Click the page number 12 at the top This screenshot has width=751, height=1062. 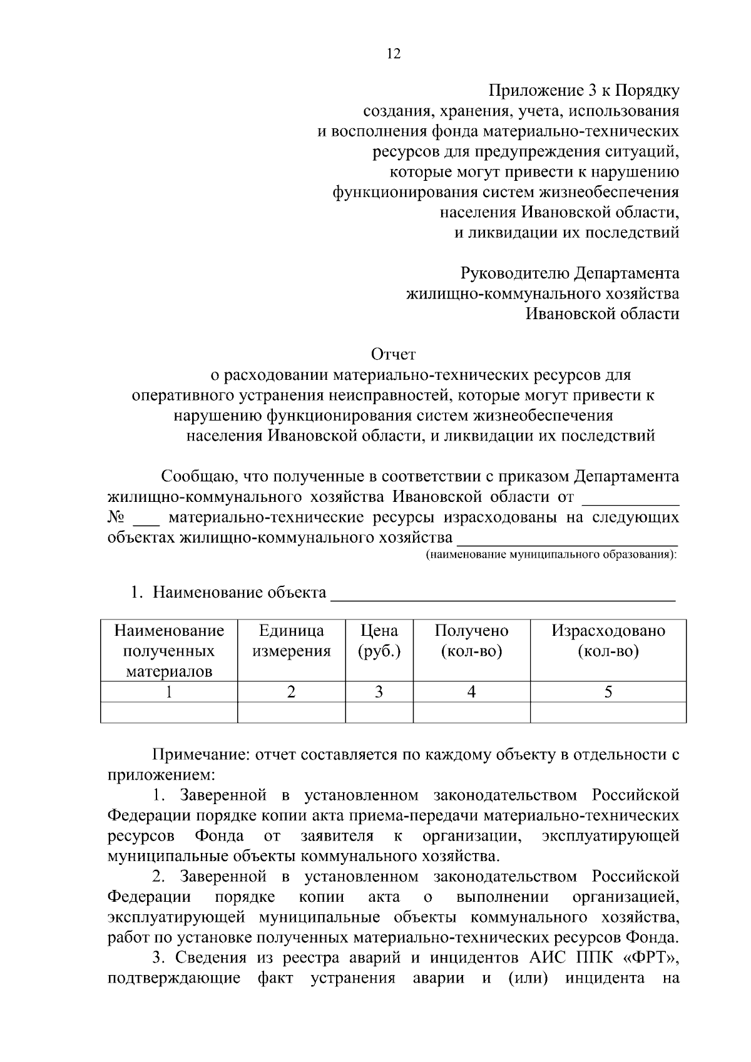click(393, 54)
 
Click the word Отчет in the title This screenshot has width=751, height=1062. click(393, 355)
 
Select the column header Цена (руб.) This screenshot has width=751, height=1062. click(379, 641)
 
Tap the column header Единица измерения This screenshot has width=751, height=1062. click(291, 641)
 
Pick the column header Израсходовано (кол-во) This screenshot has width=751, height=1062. click(608, 641)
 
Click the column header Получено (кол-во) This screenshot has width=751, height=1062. click(471, 641)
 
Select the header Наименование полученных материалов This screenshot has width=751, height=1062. click(168, 651)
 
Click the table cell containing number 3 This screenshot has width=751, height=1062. click(379, 692)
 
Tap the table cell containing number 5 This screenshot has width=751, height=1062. click(608, 692)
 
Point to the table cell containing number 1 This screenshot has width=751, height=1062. click(168, 692)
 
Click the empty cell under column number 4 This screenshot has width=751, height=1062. click(471, 712)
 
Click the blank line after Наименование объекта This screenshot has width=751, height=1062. click(503, 595)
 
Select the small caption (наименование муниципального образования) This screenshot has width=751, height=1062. click(551, 555)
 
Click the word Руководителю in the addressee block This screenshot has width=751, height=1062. click(514, 273)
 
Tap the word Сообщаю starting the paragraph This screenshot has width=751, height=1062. click(197, 476)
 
